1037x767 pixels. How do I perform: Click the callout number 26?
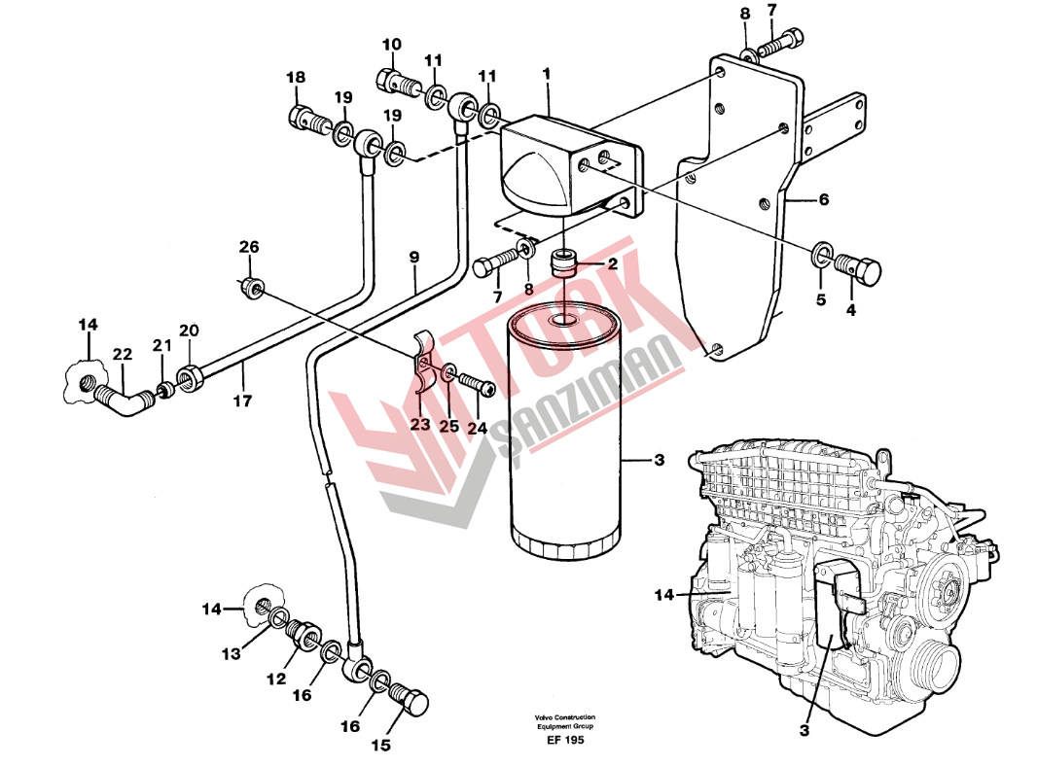pos(249,247)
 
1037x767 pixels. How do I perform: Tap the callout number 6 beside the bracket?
pos(823,199)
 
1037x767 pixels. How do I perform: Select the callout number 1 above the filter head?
pos(547,74)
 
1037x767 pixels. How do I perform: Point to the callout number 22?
pos(123,354)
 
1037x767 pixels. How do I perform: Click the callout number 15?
pos(381,746)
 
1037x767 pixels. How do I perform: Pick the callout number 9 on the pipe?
pos(414,257)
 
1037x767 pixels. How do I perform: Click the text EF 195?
pos(565,740)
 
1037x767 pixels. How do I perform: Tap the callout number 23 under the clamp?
pos(420,424)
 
